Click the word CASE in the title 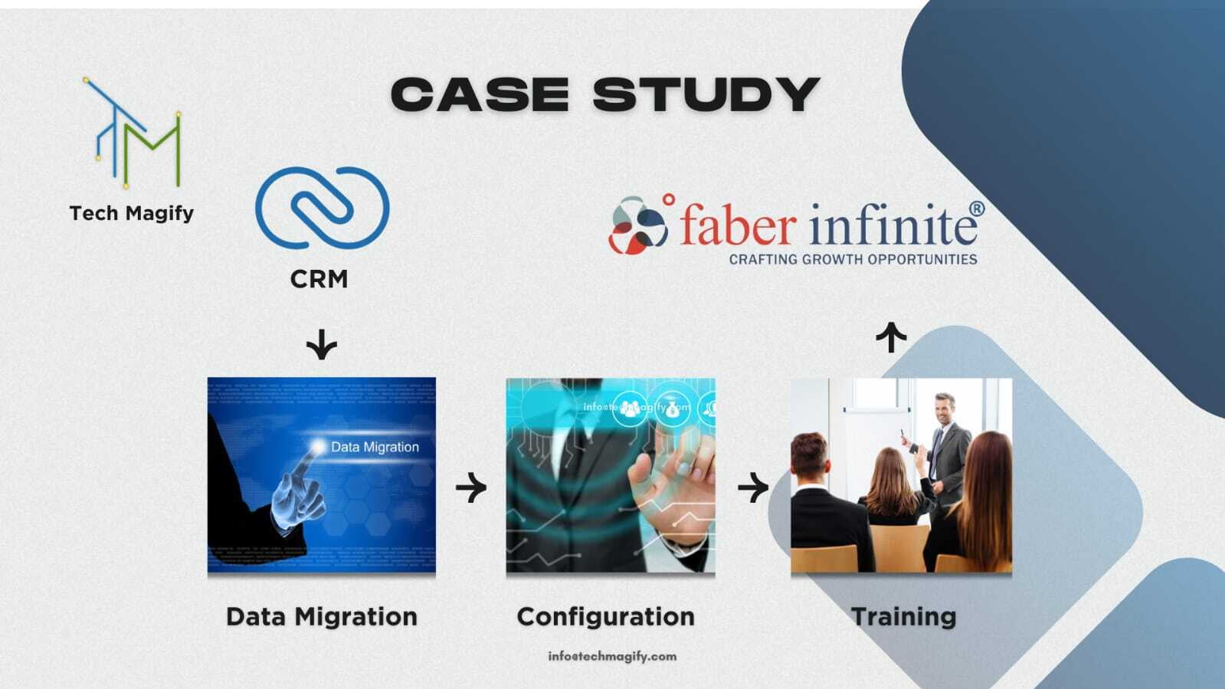pyautogui.click(x=480, y=94)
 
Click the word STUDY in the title pyautogui.click(x=706, y=94)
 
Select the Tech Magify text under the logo pyautogui.click(x=132, y=213)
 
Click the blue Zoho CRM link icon pyautogui.click(x=322, y=208)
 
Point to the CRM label pyautogui.click(x=319, y=279)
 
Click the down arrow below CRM pyautogui.click(x=322, y=344)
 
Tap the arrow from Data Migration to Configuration pyautogui.click(x=471, y=487)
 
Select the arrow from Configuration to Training pyautogui.click(x=753, y=487)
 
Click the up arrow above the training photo pyautogui.click(x=892, y=337)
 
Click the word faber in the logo pyautogui.click(x=739, y=225)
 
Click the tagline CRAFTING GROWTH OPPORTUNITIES pyautogui.click(x=853, y=259)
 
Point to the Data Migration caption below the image pyautogui.click(x=322, y=617)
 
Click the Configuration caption pyautogui.click(x=606, y=617)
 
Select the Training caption pyautogui.click(x=904, y=617)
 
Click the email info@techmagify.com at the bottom pyautogui.click(x=613, y=656)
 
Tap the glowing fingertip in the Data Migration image pyautogui.click(x=317, y=447)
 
